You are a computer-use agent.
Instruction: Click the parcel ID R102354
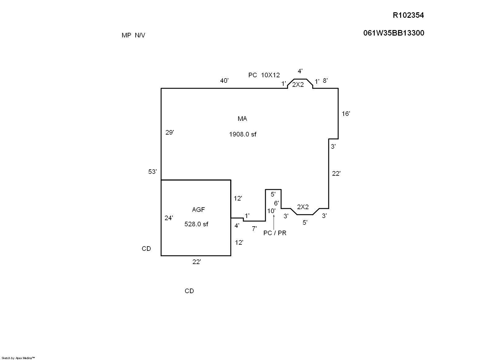(408, 15)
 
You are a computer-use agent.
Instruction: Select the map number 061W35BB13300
(394, 33)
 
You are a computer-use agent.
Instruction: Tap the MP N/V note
(133, 35)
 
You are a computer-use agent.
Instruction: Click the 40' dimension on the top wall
(224, 81)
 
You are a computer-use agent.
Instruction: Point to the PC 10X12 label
(264, 75)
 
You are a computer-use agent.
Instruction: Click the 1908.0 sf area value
(242, 134)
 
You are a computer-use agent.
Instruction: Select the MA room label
(242, 119)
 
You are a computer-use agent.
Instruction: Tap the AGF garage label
(198, 210)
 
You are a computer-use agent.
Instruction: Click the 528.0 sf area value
(196, 224)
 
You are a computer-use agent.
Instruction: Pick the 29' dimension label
(170, 132)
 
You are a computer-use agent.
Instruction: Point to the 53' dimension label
(153, 172)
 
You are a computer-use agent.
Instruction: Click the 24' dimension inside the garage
(169, 218)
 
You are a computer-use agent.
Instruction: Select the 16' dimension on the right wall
(346, 114)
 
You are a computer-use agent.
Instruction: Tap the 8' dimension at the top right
(325, 81)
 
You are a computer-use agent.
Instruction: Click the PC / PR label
(275, 233)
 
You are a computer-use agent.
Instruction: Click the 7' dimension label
(254, 228)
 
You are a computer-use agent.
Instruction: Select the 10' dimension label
(271, 211)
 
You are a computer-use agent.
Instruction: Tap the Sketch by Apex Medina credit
(19, 358)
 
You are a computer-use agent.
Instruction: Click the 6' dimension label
(276, 203)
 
